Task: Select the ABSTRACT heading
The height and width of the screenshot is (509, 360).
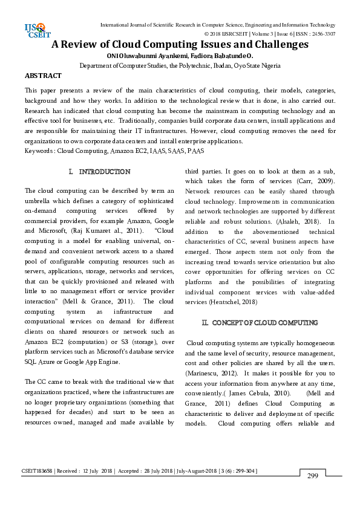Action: (x=43, y=76)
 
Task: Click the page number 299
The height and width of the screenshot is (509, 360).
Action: (x=312, y=476)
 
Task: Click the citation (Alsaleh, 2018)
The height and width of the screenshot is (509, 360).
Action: (x=293, y=222)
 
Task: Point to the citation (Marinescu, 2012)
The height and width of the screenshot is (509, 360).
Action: (x=212, y=372)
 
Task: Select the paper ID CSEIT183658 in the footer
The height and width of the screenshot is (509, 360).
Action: (x=38, y=470)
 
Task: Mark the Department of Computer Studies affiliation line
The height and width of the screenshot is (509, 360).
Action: (x=180, y=66)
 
